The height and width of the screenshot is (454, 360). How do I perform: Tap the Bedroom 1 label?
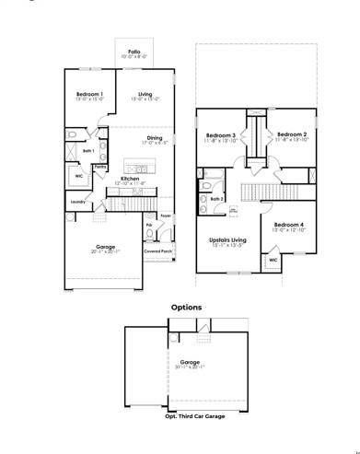(89, 94)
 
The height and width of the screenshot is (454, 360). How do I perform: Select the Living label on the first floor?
(145, 94)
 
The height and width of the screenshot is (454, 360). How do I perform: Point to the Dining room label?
(154, 138)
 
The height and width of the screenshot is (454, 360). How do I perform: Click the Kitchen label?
(130, 179)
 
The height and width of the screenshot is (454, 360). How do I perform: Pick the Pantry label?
(99, 167)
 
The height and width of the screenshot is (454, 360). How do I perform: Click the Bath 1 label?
(88, 151)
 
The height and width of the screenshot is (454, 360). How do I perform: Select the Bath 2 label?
(217, 198)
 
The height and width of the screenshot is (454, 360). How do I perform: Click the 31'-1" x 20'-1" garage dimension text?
(190, 367)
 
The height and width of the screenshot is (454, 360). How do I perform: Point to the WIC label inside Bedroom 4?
(273, 261)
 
